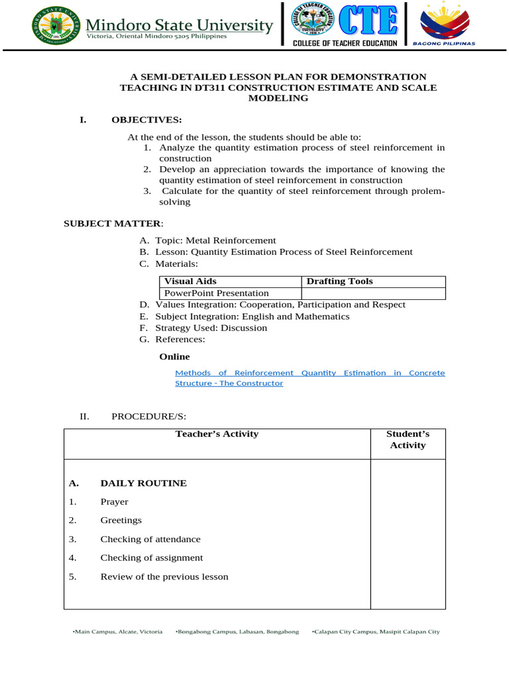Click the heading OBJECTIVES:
click(146, 119)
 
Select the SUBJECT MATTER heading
click(111, 223)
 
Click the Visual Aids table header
click(190, 281)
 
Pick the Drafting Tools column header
click(340, 281)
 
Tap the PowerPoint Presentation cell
click(217, 293)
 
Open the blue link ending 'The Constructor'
click(229, 383)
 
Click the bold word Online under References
click(174, 356)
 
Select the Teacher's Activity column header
click(217, 434)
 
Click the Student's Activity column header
click(408, 440)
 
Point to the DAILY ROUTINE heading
click(143, 483)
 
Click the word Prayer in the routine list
click(114, 502)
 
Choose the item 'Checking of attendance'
click(150, 539)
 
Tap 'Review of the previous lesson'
click(164, 577)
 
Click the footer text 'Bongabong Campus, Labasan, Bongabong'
click(237, 632)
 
